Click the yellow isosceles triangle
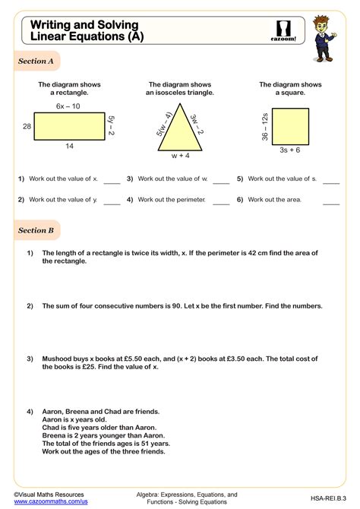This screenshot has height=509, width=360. click(x=180, y=130)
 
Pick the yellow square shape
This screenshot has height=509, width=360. click(x=289, y=125)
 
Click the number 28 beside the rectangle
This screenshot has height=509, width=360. click(x=27, y=126)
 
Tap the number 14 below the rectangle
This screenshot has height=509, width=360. click(x=69, y=147)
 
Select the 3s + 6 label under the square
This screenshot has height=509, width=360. click(x=289, y=150)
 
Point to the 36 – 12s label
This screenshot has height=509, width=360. click(x=265, y=125)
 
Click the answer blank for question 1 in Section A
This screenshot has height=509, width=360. click(x=112, y=182)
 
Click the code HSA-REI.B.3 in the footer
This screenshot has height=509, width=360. click(x=326, y=498)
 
